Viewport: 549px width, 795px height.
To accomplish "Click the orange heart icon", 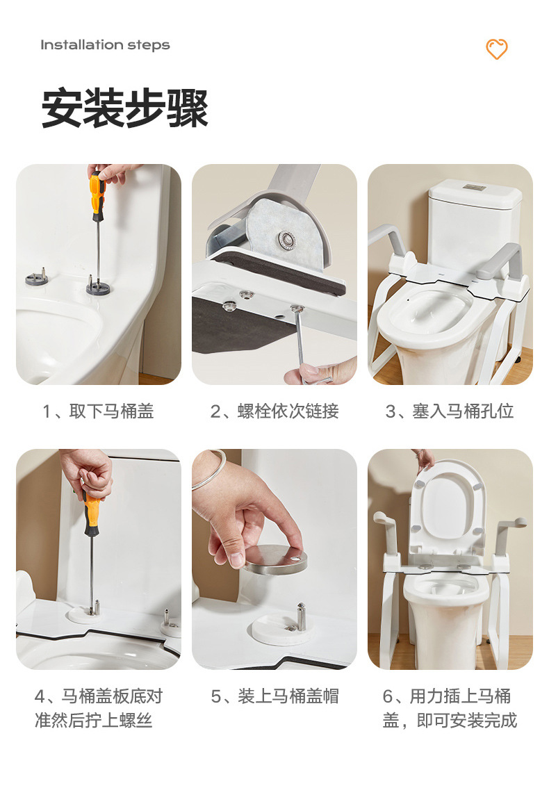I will (496, 49).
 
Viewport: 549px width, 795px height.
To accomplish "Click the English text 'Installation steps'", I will (105, 45).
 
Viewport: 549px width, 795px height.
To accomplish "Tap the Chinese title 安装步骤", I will (125, 108).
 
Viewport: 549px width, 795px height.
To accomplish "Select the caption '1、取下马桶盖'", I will (98, 411).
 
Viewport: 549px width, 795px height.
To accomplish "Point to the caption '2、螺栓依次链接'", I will (274, 411).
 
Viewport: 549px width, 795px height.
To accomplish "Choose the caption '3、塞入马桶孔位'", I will (450, 411).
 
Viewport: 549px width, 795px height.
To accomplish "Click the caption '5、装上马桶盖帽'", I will (274, 696).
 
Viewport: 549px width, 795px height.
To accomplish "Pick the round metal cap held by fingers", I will (275, 559).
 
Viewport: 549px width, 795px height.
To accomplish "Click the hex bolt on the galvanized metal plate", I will (286, 240).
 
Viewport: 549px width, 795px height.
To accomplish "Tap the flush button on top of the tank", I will (474, 188).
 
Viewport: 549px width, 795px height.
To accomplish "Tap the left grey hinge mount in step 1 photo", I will (36, 279).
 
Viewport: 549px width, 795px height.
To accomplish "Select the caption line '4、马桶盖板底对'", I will (98, 696).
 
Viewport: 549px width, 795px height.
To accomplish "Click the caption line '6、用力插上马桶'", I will (446, 696).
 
